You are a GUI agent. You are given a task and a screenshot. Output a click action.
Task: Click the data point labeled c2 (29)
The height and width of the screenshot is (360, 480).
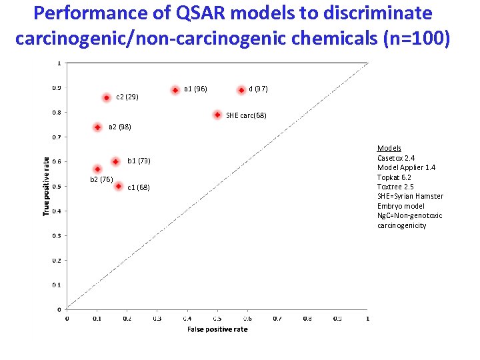click(x=106, y=97)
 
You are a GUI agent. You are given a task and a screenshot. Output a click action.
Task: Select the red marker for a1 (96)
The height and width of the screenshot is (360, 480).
click(x=175, y=89)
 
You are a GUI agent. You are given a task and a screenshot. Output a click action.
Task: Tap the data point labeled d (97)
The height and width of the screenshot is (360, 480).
click(x=241, y=89)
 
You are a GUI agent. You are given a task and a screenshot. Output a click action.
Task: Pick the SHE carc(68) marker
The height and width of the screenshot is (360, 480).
click(x=217, y=115)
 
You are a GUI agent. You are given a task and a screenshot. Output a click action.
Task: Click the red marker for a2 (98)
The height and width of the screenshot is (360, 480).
click(x=97, y=127)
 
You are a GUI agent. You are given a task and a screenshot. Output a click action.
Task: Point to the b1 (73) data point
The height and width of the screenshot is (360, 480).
click(x=115, y=161)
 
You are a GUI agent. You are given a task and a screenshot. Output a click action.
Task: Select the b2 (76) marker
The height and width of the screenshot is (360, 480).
click(x=97, y=169)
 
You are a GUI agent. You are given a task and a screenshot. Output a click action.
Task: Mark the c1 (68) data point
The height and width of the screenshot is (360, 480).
click(x=118, y=187)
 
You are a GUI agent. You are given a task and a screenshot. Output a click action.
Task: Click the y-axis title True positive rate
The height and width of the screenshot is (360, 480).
click(x=46, y=186)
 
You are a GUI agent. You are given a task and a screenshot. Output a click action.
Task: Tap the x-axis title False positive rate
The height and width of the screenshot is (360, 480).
click(x=217, y=329)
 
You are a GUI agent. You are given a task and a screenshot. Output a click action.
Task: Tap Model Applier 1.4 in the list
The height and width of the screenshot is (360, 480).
click(x=406, y=167)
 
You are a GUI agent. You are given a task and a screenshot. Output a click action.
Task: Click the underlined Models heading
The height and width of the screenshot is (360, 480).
click(x=389, y=148)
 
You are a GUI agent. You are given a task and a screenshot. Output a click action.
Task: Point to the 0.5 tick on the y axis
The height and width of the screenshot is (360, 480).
click(x=57, y=186)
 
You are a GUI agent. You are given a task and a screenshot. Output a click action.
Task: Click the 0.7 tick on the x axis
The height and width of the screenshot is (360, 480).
click(x=277, y=319)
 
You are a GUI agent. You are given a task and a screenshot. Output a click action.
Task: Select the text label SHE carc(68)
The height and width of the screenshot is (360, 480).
click(x=246, y=115)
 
